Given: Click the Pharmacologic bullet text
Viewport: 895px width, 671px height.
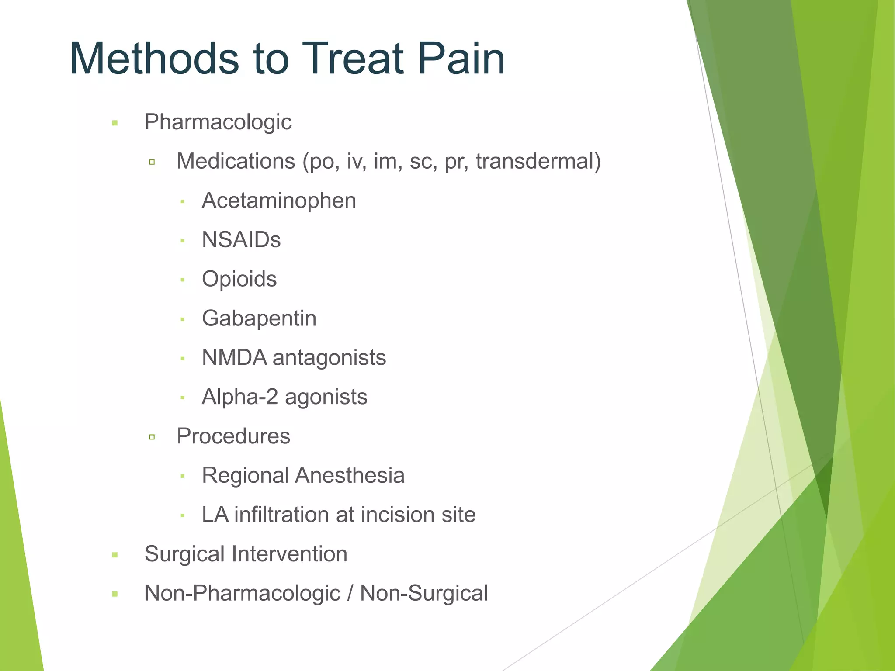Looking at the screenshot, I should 218,122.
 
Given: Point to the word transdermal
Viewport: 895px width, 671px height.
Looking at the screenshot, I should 538,161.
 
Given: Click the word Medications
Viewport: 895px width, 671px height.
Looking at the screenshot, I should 236,161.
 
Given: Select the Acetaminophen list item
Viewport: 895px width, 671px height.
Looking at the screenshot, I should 279,201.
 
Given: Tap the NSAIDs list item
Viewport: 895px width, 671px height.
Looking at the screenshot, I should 241,240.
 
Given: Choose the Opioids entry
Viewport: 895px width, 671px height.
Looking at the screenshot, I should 239,279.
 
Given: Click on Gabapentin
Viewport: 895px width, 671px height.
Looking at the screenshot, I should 259,318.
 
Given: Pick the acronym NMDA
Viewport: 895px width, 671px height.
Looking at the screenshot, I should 234,358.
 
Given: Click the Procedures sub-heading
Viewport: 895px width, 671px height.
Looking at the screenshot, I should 233,436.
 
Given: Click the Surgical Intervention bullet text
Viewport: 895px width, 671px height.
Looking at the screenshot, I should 246,554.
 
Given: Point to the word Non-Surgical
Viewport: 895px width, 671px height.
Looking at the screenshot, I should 423,593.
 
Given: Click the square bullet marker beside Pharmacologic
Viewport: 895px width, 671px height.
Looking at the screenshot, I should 115,123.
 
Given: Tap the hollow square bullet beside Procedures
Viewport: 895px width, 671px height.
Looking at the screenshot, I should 152,437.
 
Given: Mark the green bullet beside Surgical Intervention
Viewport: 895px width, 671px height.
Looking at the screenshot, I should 115,555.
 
